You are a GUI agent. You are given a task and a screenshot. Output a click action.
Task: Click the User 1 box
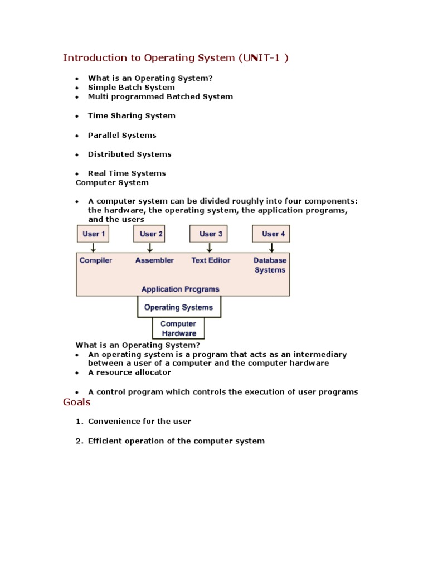(93, 234)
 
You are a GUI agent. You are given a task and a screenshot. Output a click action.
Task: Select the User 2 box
(149, 234)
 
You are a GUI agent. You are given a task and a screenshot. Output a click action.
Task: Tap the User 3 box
(211, 234)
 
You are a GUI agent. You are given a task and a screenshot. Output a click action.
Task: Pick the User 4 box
(271, 234)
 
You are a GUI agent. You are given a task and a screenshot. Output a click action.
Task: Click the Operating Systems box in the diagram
(178, 307)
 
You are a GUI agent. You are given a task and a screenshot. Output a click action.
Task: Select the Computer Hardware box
(178, 328)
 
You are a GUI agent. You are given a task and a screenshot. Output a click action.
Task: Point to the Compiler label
(96, 260)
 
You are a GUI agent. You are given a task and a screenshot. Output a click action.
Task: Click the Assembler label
(154, 260)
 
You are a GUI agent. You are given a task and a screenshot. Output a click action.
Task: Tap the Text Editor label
(211, 260)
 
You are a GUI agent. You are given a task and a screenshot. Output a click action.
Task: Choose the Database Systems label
(270, 265)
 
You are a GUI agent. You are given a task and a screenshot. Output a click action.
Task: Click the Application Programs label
(180, 289)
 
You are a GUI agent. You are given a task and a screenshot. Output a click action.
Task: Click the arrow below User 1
(93, 248)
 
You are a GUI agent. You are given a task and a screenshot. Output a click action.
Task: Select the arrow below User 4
(271, 248)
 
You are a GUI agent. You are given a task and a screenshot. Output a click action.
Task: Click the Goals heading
(77, 402)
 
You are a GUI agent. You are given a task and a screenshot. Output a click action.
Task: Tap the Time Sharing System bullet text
(132, 116)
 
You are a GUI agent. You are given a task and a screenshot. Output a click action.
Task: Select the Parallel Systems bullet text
(122, 136)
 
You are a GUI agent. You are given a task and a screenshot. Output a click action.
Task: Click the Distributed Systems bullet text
(129, 154)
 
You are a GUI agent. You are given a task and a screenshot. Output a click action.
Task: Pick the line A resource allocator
(129, 372)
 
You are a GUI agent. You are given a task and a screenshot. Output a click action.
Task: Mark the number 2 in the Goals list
(79, 441)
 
